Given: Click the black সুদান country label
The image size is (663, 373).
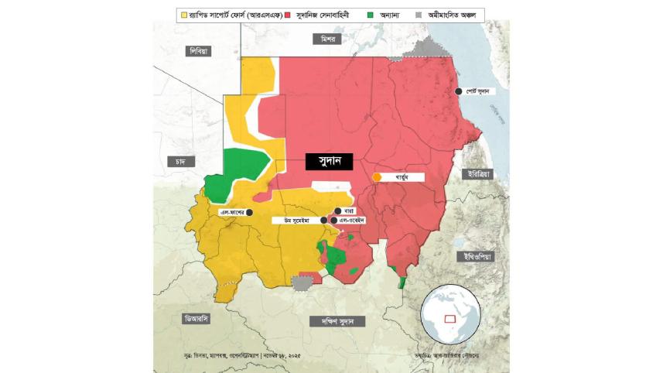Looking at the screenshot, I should click(x=329, y=162).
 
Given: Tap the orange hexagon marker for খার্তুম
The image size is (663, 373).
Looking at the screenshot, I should click(x=377, y=177).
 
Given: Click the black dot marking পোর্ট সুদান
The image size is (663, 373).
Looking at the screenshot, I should click(x=459, y=91).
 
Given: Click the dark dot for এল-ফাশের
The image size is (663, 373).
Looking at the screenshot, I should click(x=249, y=211).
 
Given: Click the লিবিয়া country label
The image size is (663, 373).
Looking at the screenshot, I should click(x=199, y=51).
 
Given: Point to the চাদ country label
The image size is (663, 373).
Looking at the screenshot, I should click(x=179, y=161).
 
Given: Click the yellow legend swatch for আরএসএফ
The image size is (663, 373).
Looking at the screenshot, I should click(x=183, y=14).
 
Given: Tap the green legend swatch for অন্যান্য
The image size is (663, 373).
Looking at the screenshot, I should click(x=370, y=14).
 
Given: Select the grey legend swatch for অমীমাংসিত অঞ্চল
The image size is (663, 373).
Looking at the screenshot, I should click(x=419, y=14).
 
